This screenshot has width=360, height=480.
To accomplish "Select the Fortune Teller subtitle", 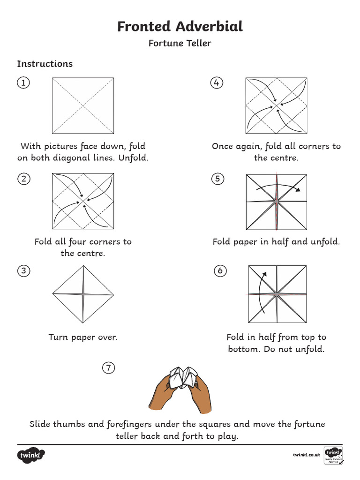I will point(180,43).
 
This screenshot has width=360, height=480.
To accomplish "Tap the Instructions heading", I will point(45,64).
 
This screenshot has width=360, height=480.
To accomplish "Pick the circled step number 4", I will point(216,83).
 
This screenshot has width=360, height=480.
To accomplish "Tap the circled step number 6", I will point(220,271).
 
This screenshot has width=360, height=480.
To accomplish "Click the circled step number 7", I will point(108,368).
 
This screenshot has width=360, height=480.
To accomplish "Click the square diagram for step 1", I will point(83,105).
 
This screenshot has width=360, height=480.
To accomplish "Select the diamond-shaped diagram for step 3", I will point(83,294).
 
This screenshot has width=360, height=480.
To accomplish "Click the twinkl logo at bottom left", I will point(31,455).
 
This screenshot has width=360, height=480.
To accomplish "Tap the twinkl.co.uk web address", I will point(306,455).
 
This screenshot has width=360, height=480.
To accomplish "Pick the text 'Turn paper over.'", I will point(83,337).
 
